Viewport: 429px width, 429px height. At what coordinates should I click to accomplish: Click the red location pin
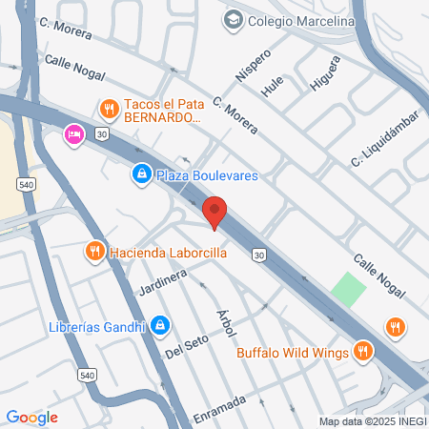point(214,211)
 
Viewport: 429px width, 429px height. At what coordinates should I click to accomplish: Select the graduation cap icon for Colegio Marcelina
point(233,20)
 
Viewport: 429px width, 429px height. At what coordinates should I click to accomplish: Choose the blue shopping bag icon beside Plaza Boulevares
point(141,174)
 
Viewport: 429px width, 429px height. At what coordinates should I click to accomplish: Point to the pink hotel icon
point(72,135)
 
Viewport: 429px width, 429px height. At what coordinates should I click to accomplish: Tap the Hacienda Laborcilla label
point(168,253)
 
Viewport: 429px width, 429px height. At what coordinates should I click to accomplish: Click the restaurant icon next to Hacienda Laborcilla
point(93,253)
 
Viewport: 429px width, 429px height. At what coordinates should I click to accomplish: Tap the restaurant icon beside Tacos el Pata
point(109,109)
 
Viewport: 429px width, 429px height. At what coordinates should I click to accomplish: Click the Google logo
point(31,417)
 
